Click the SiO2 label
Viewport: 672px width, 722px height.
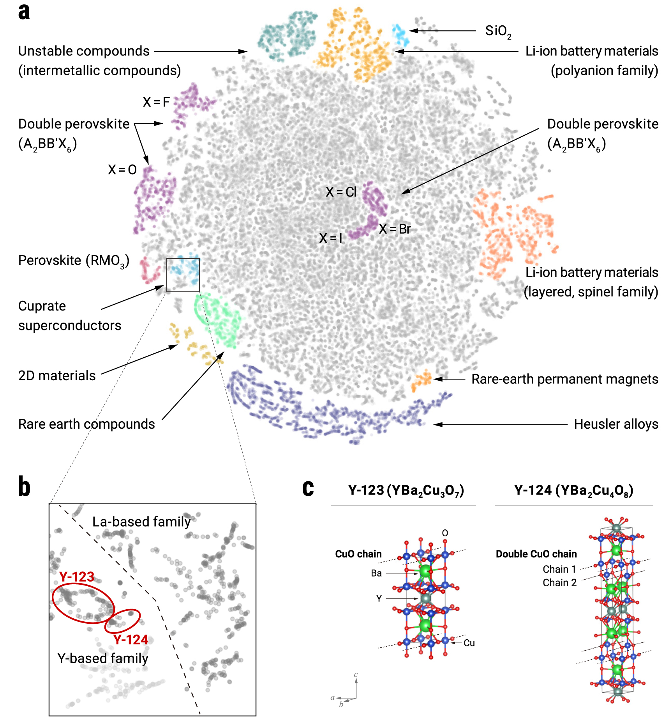[x=497, y=31]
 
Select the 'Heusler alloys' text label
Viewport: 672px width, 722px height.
[x=616, y=424]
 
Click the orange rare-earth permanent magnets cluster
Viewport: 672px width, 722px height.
[x=422, y=380]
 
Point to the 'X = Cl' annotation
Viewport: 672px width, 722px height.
[x=341, y=192]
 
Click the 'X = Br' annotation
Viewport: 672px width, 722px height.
[x=395, y=229]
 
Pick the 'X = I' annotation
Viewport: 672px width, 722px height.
[x=330, y=238]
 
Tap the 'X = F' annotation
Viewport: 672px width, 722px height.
[x=156, y=102]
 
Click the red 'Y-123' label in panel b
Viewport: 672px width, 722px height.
[x=77, y=577]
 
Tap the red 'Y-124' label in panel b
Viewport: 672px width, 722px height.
[x=131, y=640]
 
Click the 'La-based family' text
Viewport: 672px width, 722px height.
[x=141, y=522]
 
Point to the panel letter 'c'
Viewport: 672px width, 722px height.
[x=308, y=488]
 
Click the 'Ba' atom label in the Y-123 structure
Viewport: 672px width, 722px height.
[x=376, y=573]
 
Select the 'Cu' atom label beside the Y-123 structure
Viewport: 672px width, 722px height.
[x=469, y=643]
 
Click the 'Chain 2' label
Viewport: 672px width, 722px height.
[x=559, y=583]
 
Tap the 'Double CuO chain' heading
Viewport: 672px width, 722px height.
[x=536, y=554]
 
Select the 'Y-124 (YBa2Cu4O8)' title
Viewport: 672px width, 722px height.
[x=573, y=491]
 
